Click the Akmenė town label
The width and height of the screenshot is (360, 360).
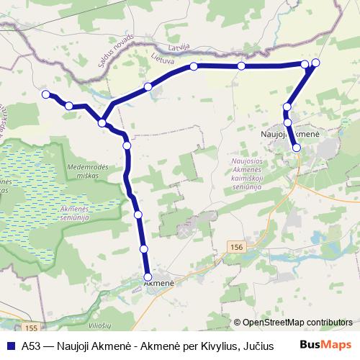[159, 283]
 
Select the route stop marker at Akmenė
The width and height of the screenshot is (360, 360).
[148, 276]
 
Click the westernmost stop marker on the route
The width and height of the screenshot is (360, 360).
[46, 94]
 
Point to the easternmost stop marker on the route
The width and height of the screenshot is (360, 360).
[315, 63]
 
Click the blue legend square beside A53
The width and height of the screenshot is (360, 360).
[10, 345]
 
